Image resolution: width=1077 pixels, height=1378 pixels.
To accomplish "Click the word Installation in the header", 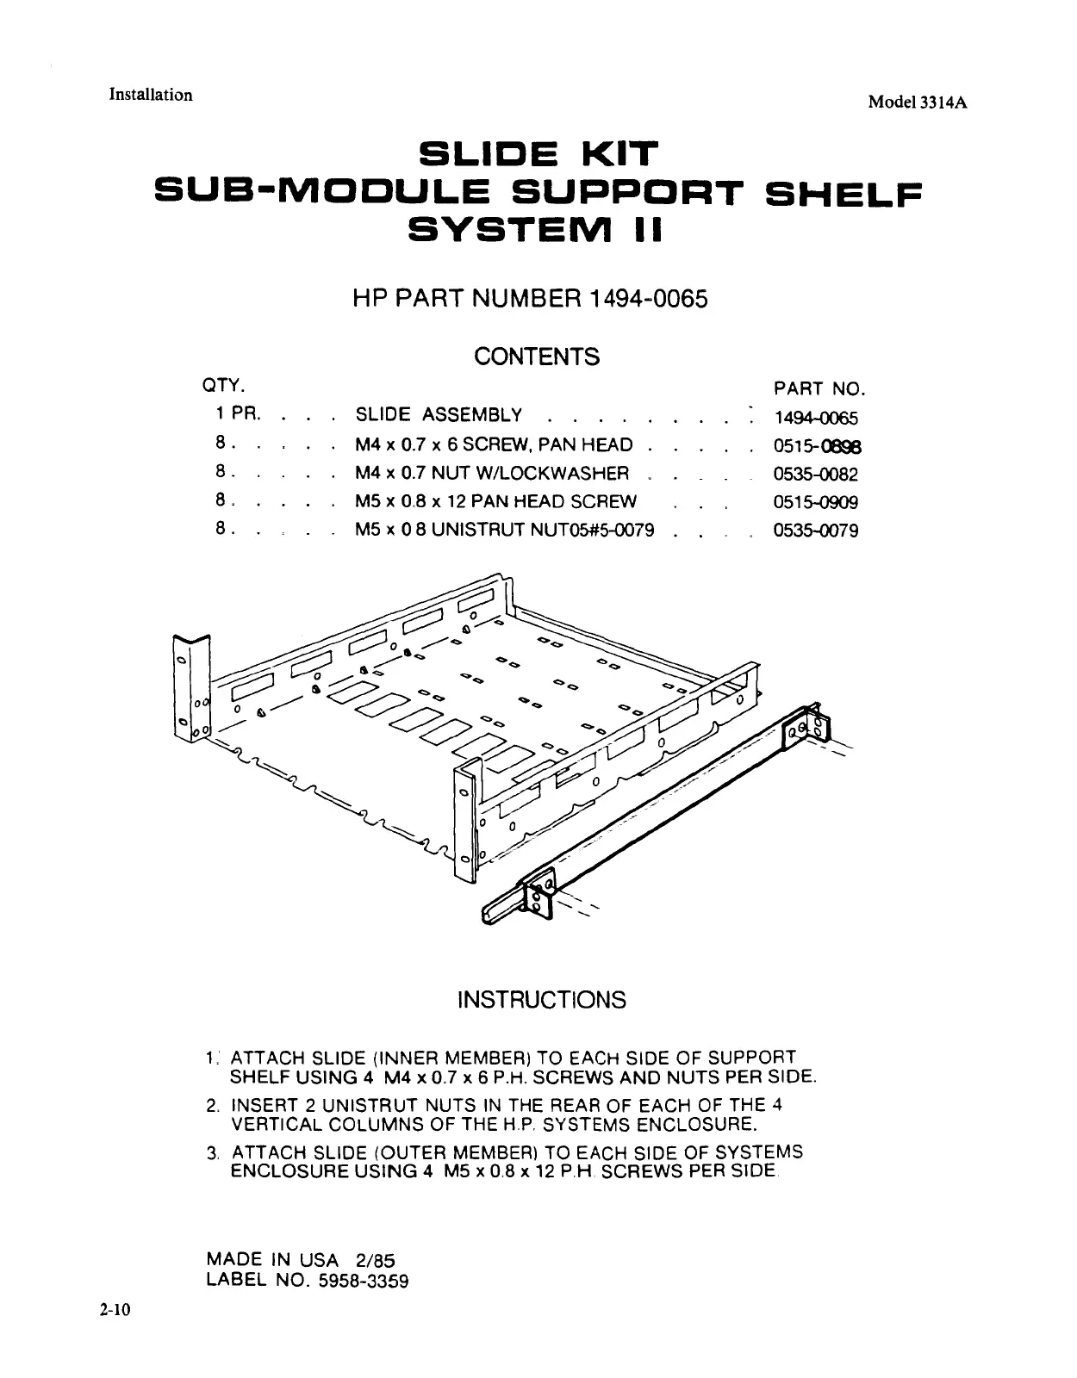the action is coord(150,95).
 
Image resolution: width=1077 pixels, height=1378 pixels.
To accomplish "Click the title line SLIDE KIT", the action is coord(538,157).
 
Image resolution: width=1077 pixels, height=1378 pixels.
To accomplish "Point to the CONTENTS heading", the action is coord(537,357).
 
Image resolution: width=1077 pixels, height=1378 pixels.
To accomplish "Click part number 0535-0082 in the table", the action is coord(815,474).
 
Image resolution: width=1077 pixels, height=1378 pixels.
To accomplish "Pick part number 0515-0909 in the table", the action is coord(815,502).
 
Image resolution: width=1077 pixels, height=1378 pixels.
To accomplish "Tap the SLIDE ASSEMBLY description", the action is coord(439,415).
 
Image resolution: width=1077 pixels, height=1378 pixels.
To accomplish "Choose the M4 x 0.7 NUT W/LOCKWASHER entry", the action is coord(492,474).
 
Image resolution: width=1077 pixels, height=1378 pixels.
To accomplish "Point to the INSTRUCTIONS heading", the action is coord(541,1000).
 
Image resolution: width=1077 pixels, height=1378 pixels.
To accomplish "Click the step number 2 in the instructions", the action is coord(212,1106).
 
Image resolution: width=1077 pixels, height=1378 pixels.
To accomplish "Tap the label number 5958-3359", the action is coord(363,1281).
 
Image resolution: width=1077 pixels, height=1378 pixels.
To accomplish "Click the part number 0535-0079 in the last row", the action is coord(815,531).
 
